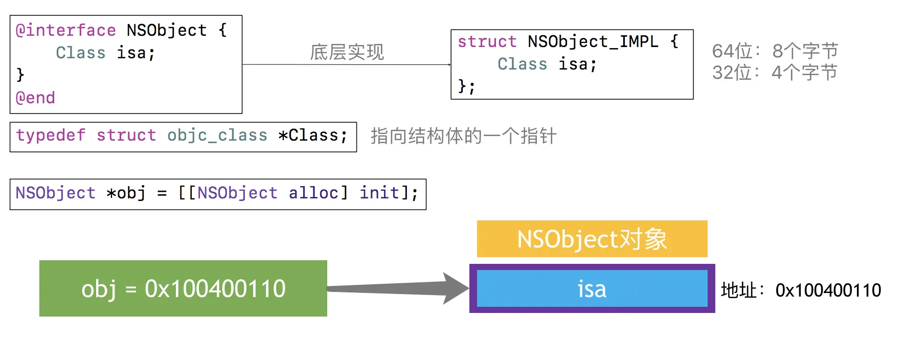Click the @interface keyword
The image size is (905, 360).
65,31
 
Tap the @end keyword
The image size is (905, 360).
35,98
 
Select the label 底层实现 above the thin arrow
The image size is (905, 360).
347,52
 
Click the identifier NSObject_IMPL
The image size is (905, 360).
593,41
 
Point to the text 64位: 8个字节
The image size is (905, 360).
775,51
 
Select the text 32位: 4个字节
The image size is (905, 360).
775,73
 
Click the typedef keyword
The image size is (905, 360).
51,136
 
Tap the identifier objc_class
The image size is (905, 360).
217,136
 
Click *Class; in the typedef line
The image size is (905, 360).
312,136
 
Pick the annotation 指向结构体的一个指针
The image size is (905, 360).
463,136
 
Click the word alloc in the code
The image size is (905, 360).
313,193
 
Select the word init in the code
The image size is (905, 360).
379,193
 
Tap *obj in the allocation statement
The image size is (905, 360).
126,193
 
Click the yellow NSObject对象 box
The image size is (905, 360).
592,239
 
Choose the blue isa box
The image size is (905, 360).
592,289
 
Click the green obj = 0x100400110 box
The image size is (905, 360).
183,288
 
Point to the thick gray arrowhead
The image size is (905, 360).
455,289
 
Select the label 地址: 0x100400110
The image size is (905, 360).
801,290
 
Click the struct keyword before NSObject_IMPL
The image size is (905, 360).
487,41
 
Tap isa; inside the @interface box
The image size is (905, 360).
135,53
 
